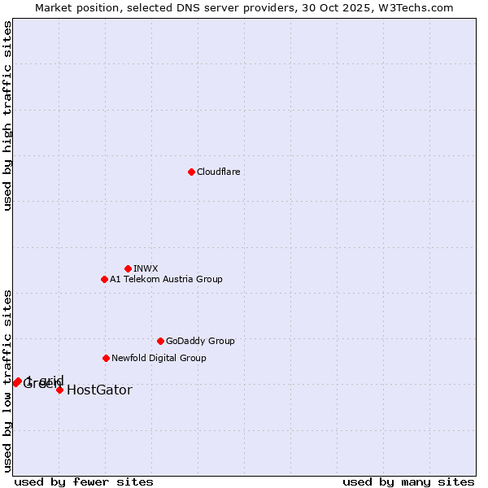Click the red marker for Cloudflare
(191, 172)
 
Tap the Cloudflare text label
(218, 172)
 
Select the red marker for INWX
(128, 268)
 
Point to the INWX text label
(146, 268)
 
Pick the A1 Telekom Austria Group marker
(104, 279)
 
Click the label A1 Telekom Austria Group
(166, 279)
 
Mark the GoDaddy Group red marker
(160, 341)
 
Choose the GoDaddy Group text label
(199, 341)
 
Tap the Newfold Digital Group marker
(106, 358)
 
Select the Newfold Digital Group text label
(159, 358)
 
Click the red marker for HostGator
(59, 390)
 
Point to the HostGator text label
(99, 390)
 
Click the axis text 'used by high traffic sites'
(7, 115)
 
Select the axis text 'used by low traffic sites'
(7, 381)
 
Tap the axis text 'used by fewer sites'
(84, 481)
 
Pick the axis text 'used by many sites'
(408, 481)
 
